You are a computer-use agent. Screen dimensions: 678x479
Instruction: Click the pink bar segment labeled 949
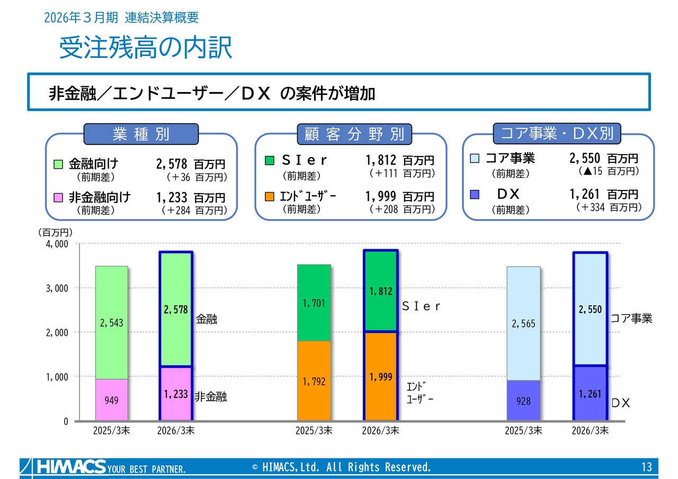click(x=111, y=400)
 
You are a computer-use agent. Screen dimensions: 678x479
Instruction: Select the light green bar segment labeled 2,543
click(x=111, y=323)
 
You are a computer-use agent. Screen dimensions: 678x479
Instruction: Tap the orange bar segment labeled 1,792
click(x=314, y=381)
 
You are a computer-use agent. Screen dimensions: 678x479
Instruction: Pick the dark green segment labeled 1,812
click(x=381, y=291)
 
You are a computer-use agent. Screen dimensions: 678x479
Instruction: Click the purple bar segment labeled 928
click(x=523, y=400)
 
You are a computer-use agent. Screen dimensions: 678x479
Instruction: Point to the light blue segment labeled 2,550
click(x=590, y=309)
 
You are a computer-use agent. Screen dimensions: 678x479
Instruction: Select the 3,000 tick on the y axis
click(x=57, y=288)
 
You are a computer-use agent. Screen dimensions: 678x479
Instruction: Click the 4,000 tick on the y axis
click(x=57, y=243)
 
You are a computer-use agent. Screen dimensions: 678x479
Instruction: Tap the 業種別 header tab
click(x=141, y=134)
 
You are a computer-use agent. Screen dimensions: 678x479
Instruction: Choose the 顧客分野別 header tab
click(x=354, y=134)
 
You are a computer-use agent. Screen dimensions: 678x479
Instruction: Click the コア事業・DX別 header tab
click(x=557, y=133)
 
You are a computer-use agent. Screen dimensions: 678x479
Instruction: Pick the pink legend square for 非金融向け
click(x=58, y=198)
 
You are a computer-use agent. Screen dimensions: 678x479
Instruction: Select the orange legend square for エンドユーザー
click(x=269, y=196)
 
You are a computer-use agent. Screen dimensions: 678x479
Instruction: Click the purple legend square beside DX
click(x=474, y=194)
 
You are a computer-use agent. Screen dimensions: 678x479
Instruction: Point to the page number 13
click(x=647, y=467)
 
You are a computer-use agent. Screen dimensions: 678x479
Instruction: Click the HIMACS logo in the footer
click(x=72, y=467)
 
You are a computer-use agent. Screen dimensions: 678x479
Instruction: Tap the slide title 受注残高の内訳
click(x=146, y=48)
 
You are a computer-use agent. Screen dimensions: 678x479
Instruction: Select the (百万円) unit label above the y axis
click(x=55, y=232)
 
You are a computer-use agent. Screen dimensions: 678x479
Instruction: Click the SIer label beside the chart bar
click(x=421, y=306)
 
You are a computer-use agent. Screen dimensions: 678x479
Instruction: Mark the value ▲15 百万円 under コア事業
click(x=609, y=171)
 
